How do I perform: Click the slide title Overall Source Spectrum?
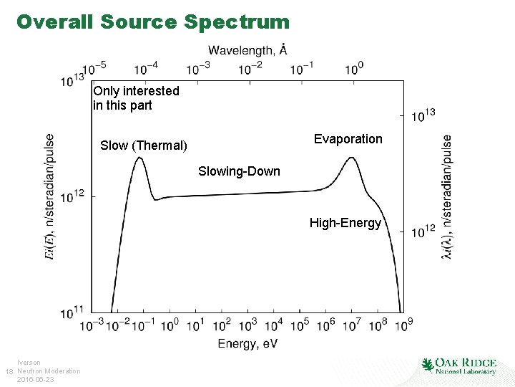[153, 21]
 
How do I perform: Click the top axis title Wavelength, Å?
[248, 49]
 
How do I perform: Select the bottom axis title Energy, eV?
[247, 343]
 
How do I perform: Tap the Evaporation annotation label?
[348, 138]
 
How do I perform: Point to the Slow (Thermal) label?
[144, 145]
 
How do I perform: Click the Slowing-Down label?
[239, 171]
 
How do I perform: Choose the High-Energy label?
[345, 223]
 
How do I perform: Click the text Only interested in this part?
[136, 98]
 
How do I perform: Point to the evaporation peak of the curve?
[351, 158]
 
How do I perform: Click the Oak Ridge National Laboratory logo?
[458, 365]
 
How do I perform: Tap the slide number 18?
[9, 371]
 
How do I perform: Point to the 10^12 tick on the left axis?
[74, 196]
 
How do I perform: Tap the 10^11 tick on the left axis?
[74, 312]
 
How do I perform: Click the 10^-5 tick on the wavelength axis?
[94, 67]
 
